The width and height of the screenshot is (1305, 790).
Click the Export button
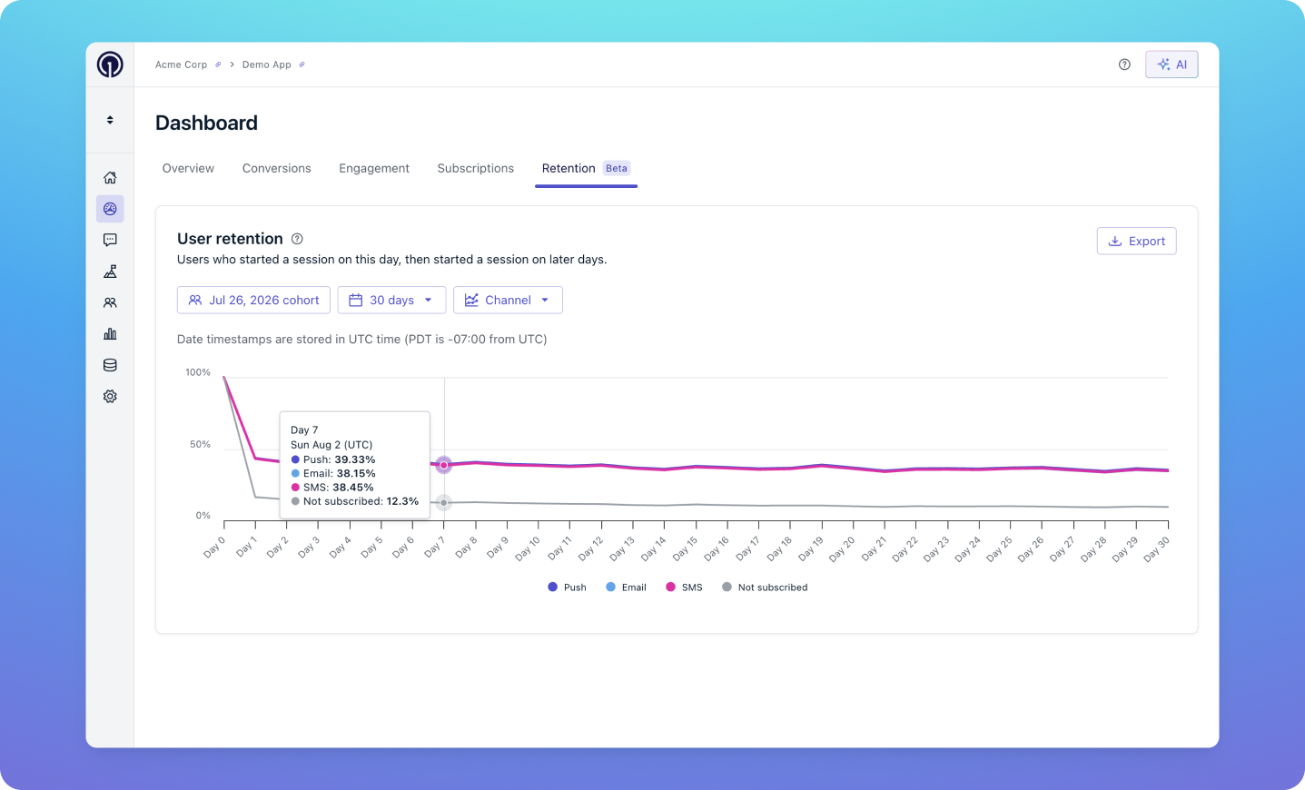pos(1136,241)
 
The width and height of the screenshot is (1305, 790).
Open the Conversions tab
pos(277,168)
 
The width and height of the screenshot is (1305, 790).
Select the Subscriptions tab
pos(475,168)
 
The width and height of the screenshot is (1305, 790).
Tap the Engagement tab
pos(374,168)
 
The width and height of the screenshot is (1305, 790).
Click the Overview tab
pos(188,168)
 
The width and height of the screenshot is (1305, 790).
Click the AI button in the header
pos(1172,64)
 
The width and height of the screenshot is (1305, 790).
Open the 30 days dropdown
pos(391,300)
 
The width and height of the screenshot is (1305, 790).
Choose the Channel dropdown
pos(508,300)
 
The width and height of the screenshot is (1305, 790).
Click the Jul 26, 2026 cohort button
pos(253,300)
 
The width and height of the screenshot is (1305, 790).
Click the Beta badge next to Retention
pos(617,168)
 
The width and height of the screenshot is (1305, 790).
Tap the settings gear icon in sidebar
pos(110,396)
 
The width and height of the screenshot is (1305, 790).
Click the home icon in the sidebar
pos(110,178)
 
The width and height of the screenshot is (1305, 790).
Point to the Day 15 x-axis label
pos(685,548)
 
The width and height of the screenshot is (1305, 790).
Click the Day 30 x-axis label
pos(1156,548)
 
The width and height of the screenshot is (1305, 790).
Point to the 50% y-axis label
pos(200,444)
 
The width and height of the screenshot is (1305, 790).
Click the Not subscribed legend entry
pos(765,588)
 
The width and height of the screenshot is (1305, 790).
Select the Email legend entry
pos(627,588)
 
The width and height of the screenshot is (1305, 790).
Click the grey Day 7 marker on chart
pos(444,502)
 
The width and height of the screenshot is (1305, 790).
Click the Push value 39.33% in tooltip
pos(355,459)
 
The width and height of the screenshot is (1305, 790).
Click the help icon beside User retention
pos(297,239)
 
